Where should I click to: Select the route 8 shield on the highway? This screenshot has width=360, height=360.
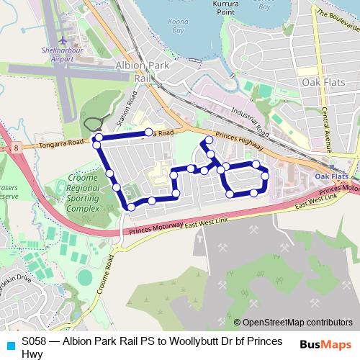click(15, 148)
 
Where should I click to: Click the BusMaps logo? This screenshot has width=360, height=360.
click(324, 344)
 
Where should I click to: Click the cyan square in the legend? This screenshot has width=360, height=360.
click(9, 343)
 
